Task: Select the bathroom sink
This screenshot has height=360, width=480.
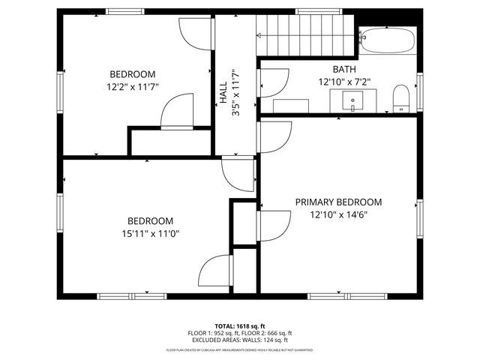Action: tap(352, 99)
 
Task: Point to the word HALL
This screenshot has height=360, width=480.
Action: tap(223, 93)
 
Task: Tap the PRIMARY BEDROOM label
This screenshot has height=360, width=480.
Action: tap(338, 202)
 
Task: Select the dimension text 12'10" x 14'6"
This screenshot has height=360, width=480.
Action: tap(338, 214)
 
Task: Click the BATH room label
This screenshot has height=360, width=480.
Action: tap(344, 69)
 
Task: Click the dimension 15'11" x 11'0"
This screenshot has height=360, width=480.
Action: tap(150, 233)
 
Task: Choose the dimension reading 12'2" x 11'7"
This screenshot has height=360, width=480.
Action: tap(133, 86)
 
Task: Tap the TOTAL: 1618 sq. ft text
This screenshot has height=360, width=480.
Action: tap(240, 326)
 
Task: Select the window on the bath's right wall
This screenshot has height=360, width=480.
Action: tap(420, 89)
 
